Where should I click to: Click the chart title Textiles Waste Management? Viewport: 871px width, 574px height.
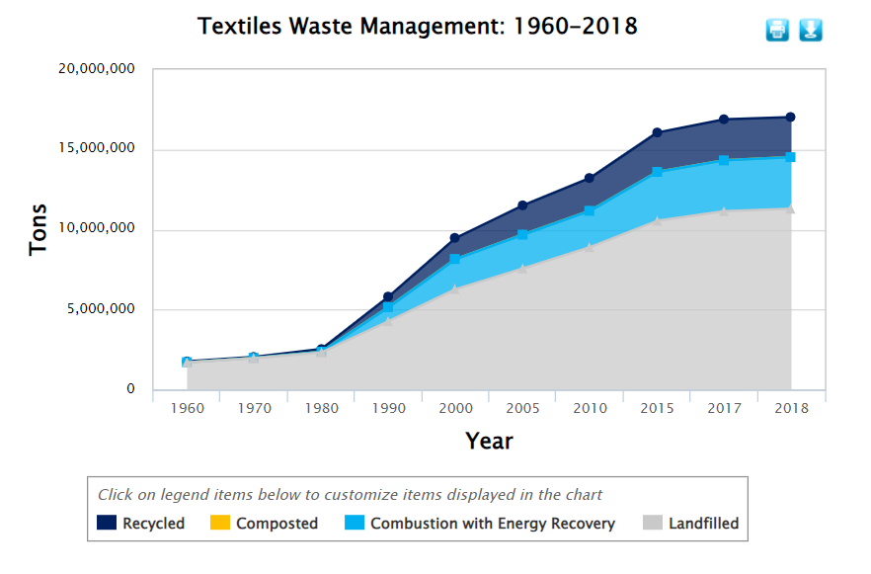[417, 27]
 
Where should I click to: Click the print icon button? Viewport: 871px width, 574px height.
[777, 30]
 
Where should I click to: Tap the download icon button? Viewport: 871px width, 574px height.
[811, 30]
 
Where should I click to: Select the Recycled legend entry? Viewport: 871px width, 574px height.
[142, 524]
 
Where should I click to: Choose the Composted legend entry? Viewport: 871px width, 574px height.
[265, 524]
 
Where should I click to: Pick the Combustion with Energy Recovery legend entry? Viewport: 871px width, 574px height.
[480, 524]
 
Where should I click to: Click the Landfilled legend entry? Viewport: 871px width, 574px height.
[691, 524]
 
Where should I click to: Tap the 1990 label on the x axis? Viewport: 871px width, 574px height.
[388, 407]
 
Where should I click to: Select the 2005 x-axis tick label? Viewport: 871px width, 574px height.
[522, 407]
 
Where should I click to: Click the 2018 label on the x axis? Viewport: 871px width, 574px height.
[790, 407]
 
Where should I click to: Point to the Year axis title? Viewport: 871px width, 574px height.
[489, 441]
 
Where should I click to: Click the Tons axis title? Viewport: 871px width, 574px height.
[39, 229]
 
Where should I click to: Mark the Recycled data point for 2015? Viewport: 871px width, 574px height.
[657, 132]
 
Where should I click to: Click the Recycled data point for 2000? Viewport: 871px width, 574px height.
[455, 238]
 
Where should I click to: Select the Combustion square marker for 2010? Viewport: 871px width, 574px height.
[590, 210]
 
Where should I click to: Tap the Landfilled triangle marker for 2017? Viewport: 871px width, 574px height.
[724, 210]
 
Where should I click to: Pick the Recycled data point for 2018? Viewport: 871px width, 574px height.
[790, 118]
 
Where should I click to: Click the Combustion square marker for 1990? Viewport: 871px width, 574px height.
[388, 307]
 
